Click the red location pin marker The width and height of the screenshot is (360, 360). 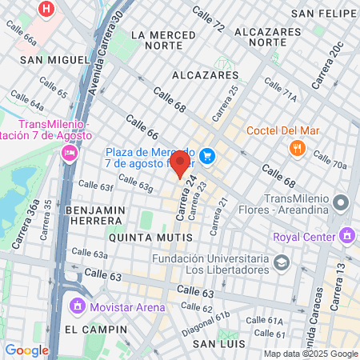click(181, 163)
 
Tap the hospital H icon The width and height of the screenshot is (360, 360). click(47, 10)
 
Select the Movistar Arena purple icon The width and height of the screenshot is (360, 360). click(77, 306)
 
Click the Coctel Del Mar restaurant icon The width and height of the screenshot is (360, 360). click(298, 147)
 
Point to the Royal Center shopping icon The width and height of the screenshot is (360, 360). click(346, 236)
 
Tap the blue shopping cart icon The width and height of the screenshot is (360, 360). click(208, 155)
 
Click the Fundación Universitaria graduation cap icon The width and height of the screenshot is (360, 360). click(281, 262)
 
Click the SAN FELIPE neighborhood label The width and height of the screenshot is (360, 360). click(323, 13)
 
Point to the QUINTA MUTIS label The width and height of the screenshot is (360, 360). click(150, 238)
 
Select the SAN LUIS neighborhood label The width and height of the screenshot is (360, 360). click(218, 343)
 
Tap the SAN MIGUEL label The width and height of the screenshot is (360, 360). click(54, 60)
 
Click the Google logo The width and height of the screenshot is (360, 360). click(26, 350)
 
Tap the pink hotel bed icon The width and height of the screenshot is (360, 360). click(69, 152)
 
